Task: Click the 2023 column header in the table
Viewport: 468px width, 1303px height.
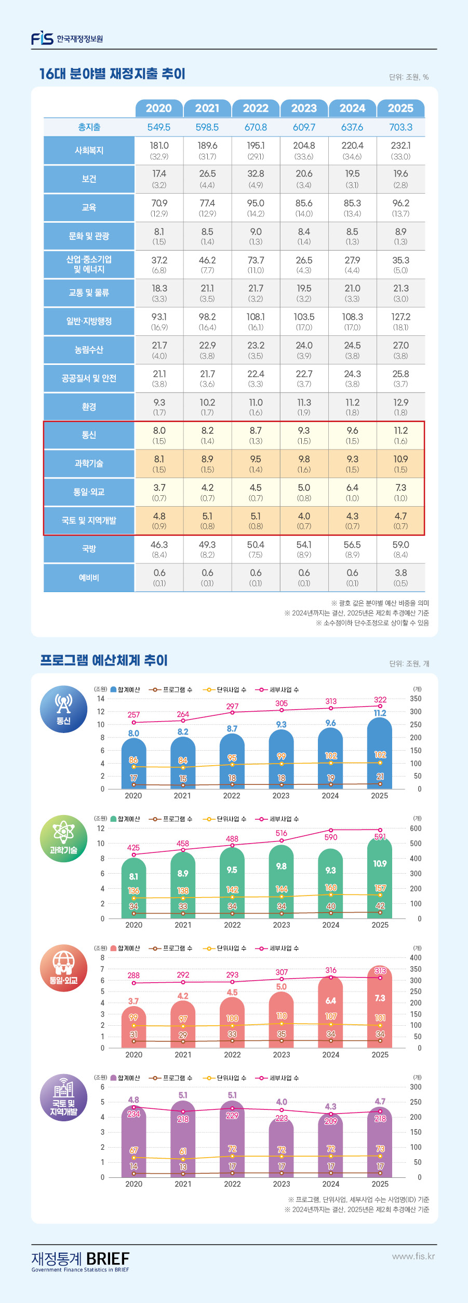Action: point(304,108)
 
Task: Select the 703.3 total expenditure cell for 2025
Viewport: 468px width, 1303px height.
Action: point(400,127)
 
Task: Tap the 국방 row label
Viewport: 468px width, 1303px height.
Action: point(89,549)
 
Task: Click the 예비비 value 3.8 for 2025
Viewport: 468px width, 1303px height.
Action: point(400,573)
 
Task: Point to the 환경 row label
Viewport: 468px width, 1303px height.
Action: point(89,406)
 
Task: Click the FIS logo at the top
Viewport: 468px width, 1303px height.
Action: point(43,38)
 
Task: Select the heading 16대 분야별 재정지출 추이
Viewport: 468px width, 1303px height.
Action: point(112,74)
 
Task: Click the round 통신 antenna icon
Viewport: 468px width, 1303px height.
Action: point(63,709)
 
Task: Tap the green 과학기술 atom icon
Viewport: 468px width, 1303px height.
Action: point(63,838)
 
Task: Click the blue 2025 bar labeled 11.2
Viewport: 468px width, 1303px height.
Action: point(380,758)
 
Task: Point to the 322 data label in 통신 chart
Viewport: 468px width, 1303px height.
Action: point(380,700)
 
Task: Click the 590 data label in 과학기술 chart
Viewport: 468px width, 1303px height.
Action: point(331,837)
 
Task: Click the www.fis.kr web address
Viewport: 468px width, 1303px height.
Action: point(413,1256)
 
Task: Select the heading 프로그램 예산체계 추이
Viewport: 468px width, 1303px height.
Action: point(104,660)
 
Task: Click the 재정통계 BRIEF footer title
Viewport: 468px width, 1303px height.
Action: point(81,1259)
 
